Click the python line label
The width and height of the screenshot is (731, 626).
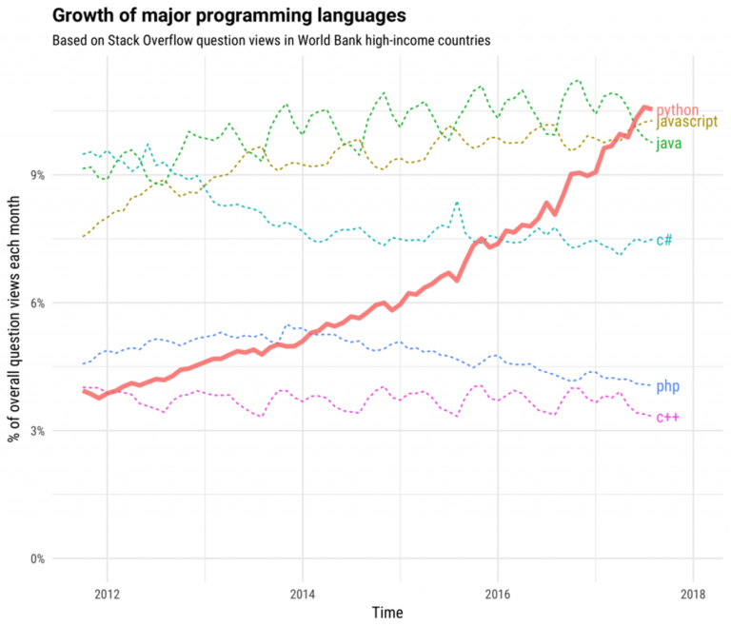pyautogui.click(x=678, y=110)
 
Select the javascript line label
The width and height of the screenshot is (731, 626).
pyautogui.click(x=688, y=124)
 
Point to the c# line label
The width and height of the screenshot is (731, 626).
pyautogui.click(x=664, y=240)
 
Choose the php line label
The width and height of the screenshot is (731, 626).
pyautogui.click(x=667, y=386)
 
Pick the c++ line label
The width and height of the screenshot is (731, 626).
pyautogui.click(x=667, y=418)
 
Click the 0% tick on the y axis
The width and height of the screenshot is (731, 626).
pyautogui.click(x=37, y=558)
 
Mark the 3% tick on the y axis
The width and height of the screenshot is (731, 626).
pyautogui.click(x=37, y=431)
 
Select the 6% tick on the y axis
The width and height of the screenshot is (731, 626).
pyautogui.click(x=37, y=303)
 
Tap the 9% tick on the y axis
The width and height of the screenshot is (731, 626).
pyautogui.click(x=37, y=175)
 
